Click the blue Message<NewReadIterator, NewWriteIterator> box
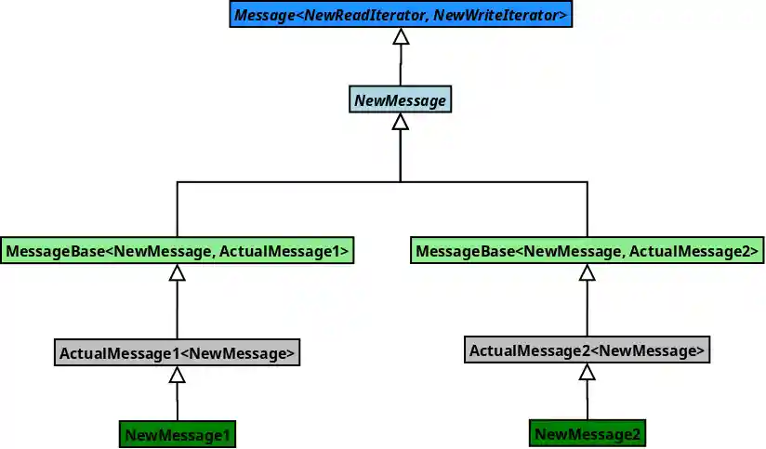400,15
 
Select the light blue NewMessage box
400,99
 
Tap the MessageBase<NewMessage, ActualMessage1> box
177,251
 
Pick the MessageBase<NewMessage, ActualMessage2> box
587,251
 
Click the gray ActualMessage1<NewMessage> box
177,353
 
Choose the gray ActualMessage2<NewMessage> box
587,350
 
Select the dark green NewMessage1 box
177,434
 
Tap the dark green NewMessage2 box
587,433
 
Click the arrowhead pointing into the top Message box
401,37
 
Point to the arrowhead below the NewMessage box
401,122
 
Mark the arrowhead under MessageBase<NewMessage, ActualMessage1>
177,272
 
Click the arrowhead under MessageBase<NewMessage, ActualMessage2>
587,272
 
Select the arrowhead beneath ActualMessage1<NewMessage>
177,375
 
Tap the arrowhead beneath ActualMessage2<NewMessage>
587,372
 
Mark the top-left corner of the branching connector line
177,181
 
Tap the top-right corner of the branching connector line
587,181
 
